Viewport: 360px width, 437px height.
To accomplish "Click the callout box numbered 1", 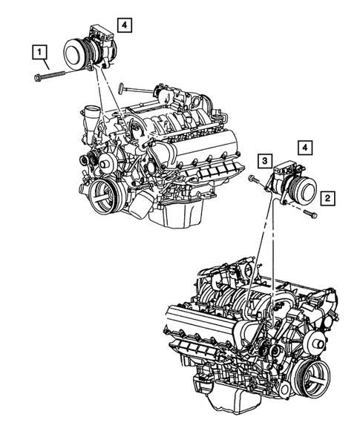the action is click(x=39, y=51).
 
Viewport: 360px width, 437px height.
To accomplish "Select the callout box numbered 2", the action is click(x=327, y=198).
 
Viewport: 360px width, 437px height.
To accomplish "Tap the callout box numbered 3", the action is click(x=265, y=160).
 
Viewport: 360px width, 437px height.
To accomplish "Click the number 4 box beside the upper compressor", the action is click(x=125, y=25).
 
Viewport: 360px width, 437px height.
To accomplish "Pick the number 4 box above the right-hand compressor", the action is click(x=305, y=148).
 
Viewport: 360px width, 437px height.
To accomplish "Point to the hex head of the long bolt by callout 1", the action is click(x=37, y=78).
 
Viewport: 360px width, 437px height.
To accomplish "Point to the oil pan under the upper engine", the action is click(x=177, y=211).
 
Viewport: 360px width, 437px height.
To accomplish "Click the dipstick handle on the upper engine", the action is click(x=121, y=88).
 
